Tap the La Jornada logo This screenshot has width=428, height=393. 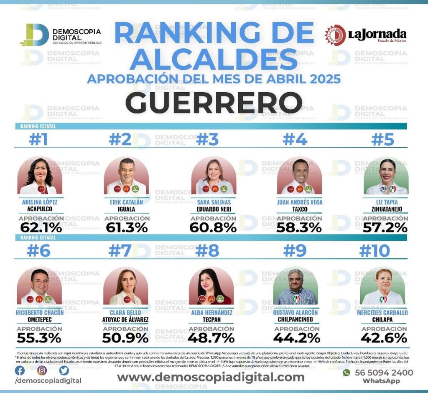tap(366, 35)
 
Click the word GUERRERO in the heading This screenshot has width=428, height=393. tap(214, 102)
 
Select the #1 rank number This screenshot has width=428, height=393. tap(38, 140)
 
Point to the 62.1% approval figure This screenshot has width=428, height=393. tap(41, 228)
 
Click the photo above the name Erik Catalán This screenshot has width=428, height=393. tap(126, 176)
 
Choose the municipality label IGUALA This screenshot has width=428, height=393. tap(126, 209)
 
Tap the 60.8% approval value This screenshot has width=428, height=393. tap(213, 228)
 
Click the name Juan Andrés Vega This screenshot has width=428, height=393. tap(300, 202)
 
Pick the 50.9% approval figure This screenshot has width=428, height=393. tap(126, 338)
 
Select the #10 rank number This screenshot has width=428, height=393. tap(374, 251)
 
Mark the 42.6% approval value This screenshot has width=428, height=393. tap(384, 338)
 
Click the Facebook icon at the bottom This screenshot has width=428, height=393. tap(20, 370)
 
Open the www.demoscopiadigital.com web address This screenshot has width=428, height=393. tap(211, 378)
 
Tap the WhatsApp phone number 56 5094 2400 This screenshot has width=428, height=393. tap(383, 373)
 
